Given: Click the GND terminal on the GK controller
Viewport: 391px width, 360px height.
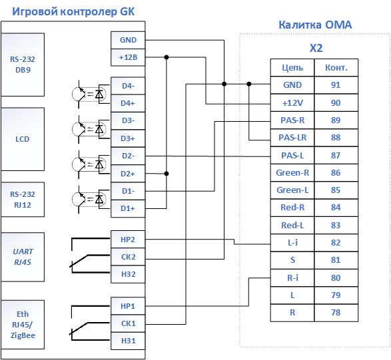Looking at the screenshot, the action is pos(128,40).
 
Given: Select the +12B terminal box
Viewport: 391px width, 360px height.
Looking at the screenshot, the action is pos(128,57).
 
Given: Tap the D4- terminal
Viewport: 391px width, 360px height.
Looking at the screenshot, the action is pos(128,86).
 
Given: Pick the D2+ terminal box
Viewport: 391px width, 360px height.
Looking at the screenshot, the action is pos(128,174).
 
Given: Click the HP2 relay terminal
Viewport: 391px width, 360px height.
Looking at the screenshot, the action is pos(128,240).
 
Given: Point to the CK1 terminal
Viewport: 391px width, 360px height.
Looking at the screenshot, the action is pos(128,323).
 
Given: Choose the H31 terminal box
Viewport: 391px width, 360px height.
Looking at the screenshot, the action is pos(128,341).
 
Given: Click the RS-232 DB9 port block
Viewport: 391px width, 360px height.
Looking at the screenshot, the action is pos(23,65).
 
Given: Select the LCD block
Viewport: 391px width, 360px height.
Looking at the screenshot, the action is pos(23,139).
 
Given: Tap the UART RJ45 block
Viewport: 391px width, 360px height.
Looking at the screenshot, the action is pos(23,257).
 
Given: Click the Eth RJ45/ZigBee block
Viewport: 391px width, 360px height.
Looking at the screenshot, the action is pos(23,325).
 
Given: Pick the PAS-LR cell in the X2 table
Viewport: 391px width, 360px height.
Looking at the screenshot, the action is pos(292,138).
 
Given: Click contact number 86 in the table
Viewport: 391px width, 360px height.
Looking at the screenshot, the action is pos(336,172).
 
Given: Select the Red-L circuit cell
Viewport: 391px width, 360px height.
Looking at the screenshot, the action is pos(292,225).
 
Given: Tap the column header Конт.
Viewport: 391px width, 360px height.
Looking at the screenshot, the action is pos(336,67).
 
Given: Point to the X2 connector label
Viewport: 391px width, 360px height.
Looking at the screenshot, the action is pos(316,48).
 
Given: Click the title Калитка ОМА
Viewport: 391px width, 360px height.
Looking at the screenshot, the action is pos(315,25).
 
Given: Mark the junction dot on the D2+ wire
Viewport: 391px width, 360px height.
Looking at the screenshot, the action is pos(167,174).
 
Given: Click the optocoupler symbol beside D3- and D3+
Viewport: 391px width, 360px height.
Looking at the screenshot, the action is pos(91,129).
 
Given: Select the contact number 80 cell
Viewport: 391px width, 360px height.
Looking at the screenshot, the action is pos(336,277).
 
